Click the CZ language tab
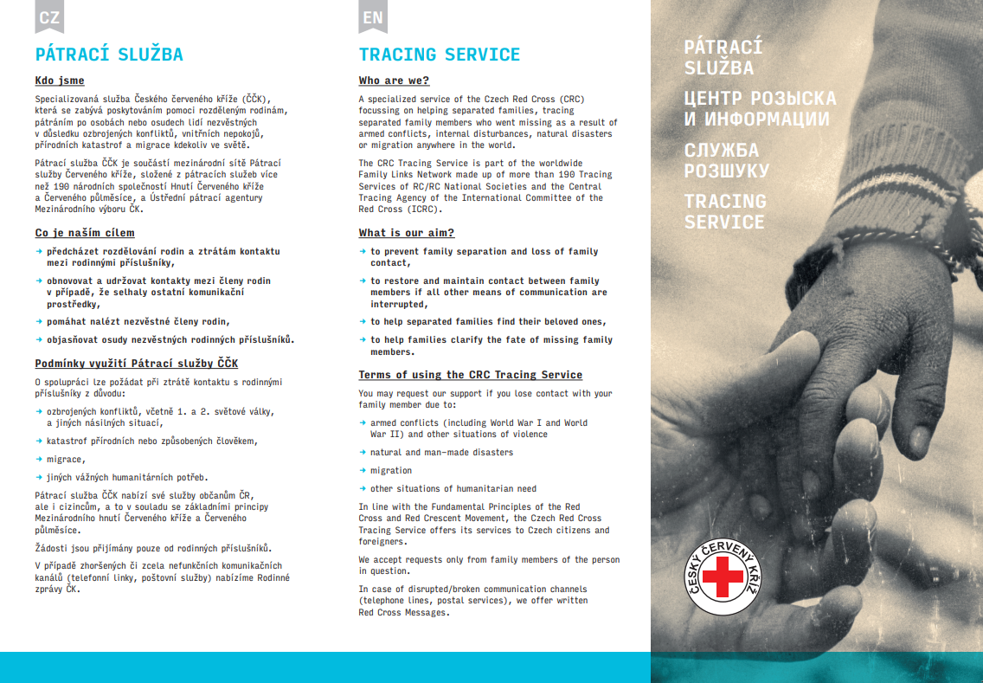[49, 16]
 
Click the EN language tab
[373, 16]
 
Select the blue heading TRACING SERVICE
[439, 55]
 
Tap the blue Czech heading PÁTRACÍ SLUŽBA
[109, 55]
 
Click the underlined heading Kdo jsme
[60, 81]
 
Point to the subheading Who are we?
[394, 81]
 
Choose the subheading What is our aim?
[406, 233]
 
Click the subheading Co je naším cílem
[85, 233]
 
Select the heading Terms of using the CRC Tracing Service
[470, 375]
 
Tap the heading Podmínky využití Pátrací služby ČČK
[136, 363]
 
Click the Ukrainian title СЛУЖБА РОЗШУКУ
[726, 160]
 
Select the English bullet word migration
[391, 471]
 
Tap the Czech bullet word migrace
[65, 459]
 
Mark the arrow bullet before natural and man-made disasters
[363, 452]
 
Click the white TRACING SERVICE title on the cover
[724, 211]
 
